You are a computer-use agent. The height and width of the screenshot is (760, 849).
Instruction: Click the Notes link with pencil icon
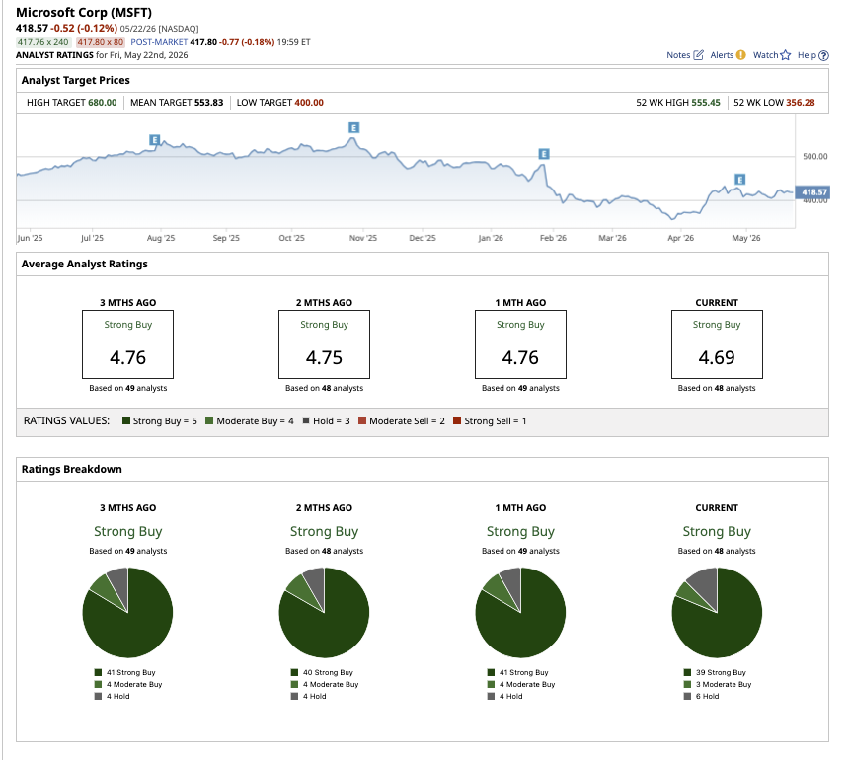tap(685, 55)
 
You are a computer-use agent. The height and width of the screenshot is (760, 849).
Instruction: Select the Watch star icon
tap(785, 55)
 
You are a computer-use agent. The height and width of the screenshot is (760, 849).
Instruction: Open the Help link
tap(812, 55)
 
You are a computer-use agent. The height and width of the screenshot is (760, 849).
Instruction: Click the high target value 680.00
tap(103, 103)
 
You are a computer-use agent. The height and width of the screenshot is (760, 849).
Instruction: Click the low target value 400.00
tap(309, 103)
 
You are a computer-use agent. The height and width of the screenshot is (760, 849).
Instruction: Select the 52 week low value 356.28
tap(801, 103)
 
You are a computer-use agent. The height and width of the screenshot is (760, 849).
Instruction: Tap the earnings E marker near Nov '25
tap(353, 127)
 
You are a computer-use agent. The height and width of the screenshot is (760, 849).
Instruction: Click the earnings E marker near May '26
tap(740, 180)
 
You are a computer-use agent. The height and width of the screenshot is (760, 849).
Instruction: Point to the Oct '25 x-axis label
tap(292, 238)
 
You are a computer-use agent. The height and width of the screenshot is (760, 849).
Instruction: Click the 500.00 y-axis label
tap(814, 156)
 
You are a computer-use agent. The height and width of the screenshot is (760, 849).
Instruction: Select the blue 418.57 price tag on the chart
tap(812, 192)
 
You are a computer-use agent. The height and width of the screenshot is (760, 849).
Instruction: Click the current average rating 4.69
tap(717, 357)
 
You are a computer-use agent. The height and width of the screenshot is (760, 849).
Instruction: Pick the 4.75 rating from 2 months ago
tap(324, 357)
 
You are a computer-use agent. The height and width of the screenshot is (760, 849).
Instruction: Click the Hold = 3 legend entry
tap(327, 420)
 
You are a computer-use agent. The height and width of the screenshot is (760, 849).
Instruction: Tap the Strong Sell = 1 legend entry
tap(490, 420)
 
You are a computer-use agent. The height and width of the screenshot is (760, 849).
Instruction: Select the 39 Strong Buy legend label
tap(721, 672)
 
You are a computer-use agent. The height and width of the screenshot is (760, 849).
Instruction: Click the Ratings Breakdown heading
tap(71, 469)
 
